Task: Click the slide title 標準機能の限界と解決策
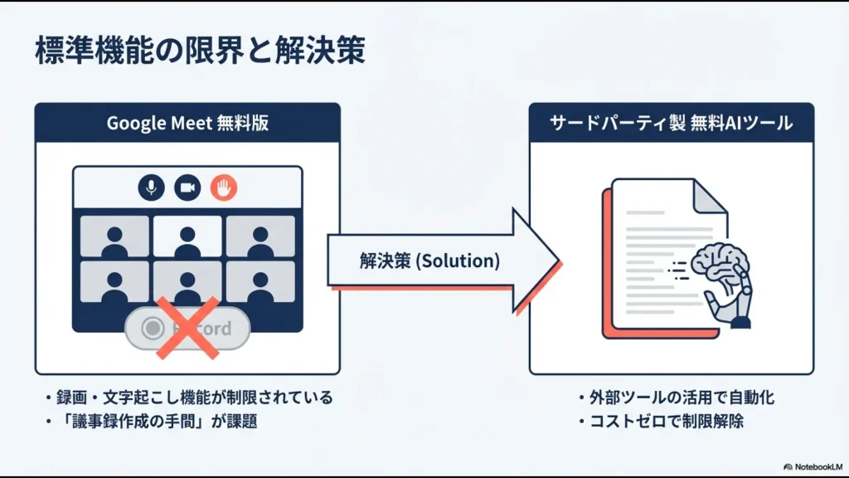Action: tap(200, 51)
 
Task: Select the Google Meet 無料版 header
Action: tap(187, 123)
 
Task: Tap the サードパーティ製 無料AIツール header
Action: tap(671, 123)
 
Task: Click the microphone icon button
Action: tap(151, 188)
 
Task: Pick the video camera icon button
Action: tap(187, 188)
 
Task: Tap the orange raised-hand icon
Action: tap(223, 188)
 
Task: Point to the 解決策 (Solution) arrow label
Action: tap(429, 261)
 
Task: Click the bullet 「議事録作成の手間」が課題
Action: tap(158, 421)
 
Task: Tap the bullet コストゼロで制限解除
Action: tap(666, 421)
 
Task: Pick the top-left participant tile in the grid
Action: tap(114, 237)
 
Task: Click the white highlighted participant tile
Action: tap(187, 237)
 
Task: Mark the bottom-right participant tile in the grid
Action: tap(260, 281)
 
